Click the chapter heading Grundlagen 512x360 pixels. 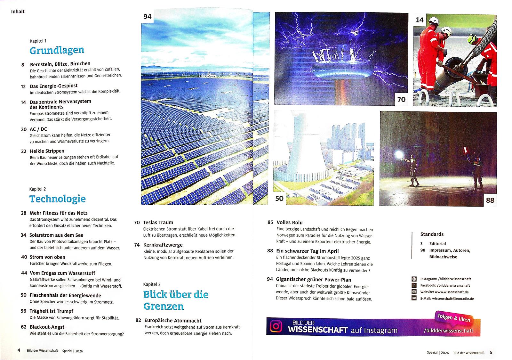point(57,50)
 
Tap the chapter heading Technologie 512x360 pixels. point(57,199)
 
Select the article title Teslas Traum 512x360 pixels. point(158,222)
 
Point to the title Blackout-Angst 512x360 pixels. point(47,327)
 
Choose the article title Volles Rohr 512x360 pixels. point(290,222)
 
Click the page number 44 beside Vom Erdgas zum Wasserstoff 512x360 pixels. point(24,273)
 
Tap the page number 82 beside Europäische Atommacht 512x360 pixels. point(138,320)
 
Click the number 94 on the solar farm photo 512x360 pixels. point(147,17)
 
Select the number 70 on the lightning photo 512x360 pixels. point(401,100)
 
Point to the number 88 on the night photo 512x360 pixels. point(490,200)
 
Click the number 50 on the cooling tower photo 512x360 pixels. point(279,199)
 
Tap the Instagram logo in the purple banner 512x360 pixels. point(276,326)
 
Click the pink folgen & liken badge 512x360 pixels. point(454,318)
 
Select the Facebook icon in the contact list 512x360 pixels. point(414,285)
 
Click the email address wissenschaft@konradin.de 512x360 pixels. point(453,299)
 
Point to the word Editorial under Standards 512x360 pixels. point(437,244)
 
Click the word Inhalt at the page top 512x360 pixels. point(18,12)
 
